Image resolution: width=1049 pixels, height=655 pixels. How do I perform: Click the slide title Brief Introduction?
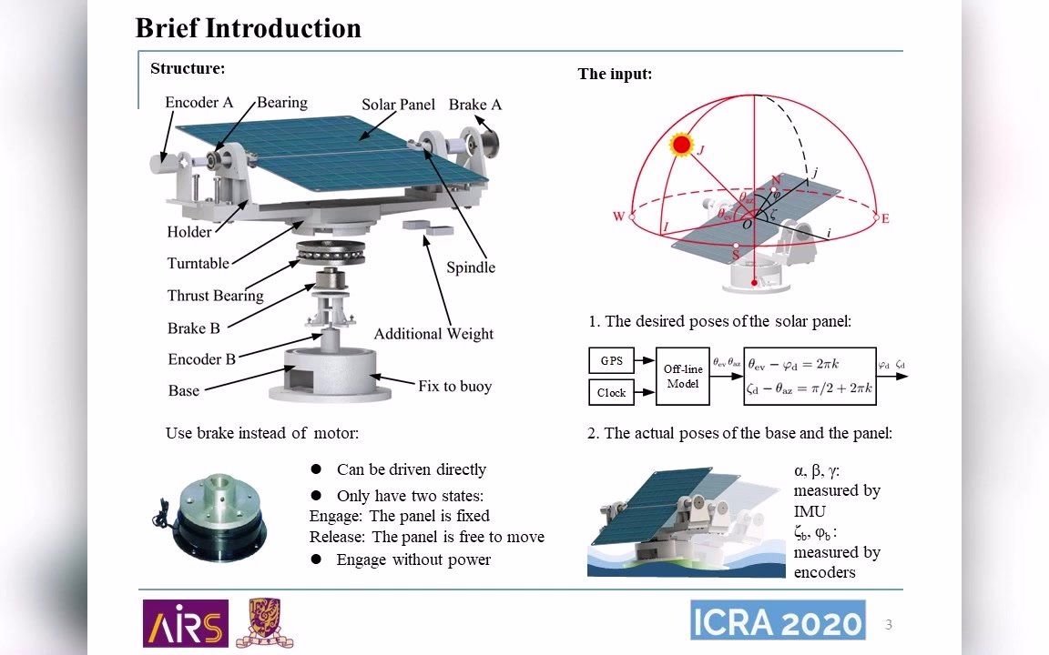248,28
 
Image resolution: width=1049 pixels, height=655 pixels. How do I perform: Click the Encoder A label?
199,103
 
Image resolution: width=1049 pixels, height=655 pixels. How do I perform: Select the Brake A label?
474,105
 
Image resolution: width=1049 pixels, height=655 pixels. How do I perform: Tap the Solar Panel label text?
398,105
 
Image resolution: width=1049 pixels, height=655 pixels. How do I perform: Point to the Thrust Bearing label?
215,296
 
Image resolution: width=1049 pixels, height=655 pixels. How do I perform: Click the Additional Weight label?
433,334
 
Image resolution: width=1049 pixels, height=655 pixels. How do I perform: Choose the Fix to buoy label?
454,387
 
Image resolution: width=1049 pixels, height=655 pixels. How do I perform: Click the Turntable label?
198,264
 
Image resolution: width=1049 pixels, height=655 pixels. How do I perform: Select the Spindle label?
471,267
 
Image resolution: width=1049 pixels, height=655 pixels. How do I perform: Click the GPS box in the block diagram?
611,361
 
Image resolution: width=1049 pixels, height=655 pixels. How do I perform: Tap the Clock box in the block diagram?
611,393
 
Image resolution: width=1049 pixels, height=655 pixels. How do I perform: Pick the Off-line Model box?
681,376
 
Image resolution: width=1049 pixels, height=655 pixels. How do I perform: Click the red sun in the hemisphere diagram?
681,145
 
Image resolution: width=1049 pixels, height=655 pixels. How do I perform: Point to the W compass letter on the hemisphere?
619,217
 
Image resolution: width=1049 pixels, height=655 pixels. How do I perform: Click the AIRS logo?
185,623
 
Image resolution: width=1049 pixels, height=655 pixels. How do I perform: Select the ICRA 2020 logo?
777,621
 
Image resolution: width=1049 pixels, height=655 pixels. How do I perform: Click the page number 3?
889,625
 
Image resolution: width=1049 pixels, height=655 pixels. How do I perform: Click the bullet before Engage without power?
317,559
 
